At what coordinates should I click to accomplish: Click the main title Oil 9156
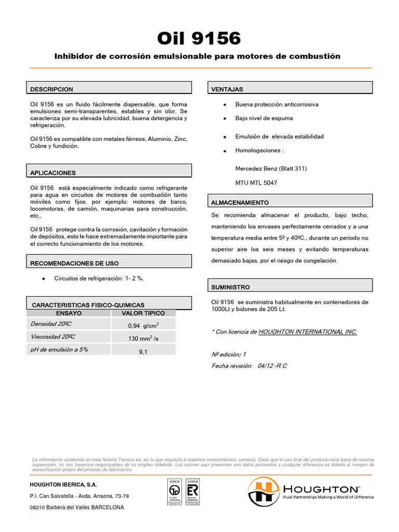199,38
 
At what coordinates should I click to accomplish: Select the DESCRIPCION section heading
51,89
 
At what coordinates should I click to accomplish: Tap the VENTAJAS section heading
227,89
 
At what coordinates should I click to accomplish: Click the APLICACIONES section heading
53,172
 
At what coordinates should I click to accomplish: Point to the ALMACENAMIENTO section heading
240,202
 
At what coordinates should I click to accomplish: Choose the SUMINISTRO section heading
231,287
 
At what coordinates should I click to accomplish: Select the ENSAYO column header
69,313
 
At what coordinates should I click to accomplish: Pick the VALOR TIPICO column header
143,313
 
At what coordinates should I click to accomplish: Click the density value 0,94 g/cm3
143,326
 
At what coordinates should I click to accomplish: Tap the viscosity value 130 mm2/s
143,339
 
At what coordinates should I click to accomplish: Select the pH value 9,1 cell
143,352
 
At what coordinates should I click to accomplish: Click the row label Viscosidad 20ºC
52,337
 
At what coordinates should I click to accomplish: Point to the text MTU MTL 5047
256,183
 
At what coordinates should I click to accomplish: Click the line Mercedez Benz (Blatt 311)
271,168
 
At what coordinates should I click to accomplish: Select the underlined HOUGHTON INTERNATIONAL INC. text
307,331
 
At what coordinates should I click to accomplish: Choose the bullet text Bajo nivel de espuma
264,118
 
